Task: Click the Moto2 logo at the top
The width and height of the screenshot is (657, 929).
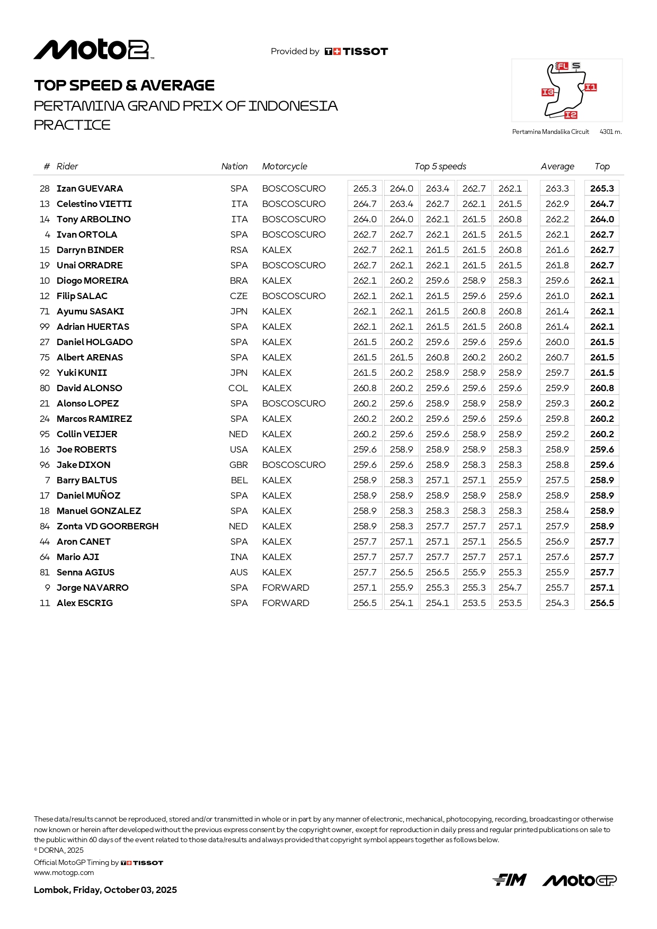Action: click(94, 50)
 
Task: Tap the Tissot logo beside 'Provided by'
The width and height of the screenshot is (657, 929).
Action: click(356, 51)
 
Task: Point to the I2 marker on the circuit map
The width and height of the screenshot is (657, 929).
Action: click(571, 115)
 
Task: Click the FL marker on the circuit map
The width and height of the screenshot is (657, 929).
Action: click(562, 66)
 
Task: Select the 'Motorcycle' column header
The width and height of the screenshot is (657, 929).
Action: click(285, 166)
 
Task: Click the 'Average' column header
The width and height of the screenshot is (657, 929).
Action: click(557, 166)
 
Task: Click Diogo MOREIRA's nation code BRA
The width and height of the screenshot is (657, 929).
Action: click(239, 281)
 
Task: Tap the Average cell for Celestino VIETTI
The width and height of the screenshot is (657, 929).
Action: click(557, 204)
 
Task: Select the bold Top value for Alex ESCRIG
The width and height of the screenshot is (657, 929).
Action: click(602, 603)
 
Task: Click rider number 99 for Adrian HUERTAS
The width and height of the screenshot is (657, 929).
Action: click(45, 327)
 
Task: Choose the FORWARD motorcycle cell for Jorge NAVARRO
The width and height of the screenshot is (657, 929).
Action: click(286, 588)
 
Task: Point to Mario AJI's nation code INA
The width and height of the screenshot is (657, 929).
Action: click(239, 557)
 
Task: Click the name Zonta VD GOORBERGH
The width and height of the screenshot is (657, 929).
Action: click(108, 526)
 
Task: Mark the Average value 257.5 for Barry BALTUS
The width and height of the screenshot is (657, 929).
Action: click(557, 480)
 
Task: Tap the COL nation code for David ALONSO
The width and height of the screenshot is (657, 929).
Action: click(238, 388)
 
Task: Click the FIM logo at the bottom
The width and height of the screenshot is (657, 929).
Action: click(509, 880)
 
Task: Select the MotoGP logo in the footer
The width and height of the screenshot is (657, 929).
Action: click(579, 880)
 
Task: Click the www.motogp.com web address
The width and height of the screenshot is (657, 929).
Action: click(64, 872)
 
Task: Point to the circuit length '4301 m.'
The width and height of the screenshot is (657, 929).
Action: click(610, 132)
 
